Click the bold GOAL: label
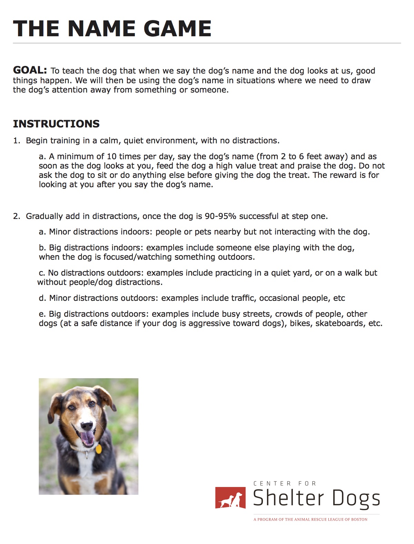pos(30,70)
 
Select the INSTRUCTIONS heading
pos(56,124)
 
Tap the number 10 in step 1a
pos(112,156)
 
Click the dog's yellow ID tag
pos(99,449)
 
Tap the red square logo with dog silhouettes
pos(230,498)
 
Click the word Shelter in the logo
pos(288,498)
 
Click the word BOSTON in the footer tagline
pos(359,519)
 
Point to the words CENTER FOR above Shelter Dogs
pos(285,483)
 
